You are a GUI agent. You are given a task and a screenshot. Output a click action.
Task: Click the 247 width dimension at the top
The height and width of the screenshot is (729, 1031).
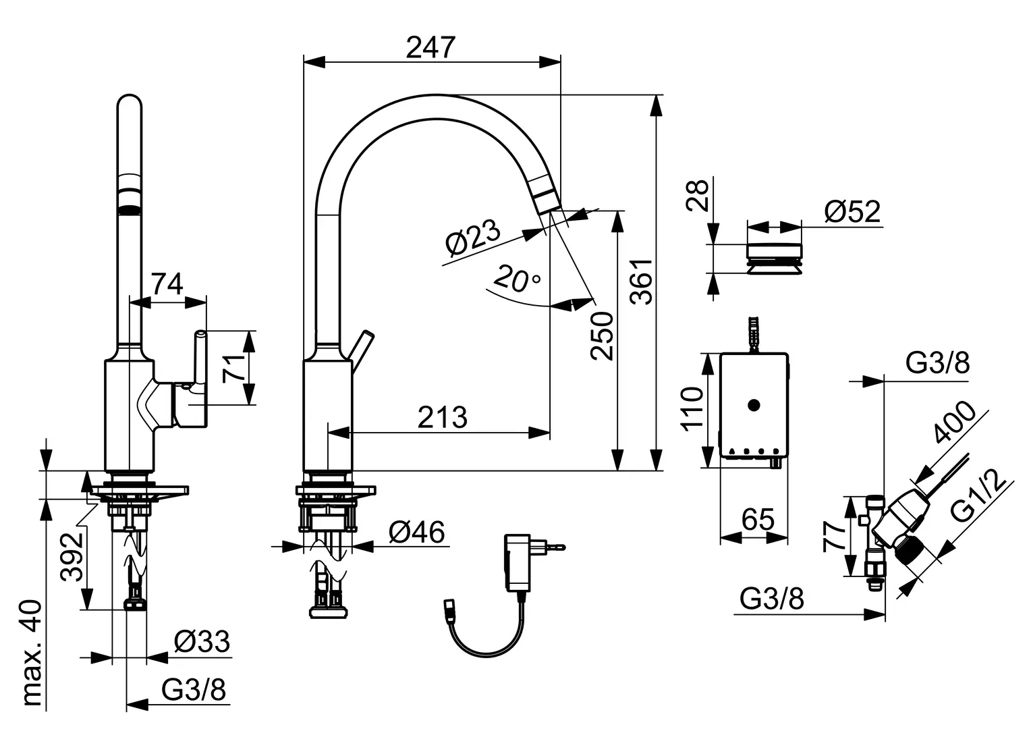pos(430,47)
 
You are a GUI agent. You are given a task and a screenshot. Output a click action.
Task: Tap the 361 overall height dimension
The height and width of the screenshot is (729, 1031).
pos(641,281)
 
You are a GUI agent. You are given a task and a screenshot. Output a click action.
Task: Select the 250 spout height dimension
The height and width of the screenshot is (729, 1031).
pos(602,335)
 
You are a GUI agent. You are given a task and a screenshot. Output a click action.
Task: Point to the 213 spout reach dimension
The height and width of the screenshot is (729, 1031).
pos(443,417)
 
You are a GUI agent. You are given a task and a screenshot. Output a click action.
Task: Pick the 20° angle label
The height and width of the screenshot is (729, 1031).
pos(516,278)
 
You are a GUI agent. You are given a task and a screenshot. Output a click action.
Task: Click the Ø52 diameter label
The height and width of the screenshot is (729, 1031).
pos(852,211)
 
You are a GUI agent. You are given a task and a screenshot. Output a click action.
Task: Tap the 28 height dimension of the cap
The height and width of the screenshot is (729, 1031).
pos(697,195)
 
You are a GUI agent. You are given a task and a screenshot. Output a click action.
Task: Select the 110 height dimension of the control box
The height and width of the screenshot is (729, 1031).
pos(692,410)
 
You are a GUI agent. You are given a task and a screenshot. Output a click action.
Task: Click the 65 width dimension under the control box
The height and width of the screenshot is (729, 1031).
pos(758,519)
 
